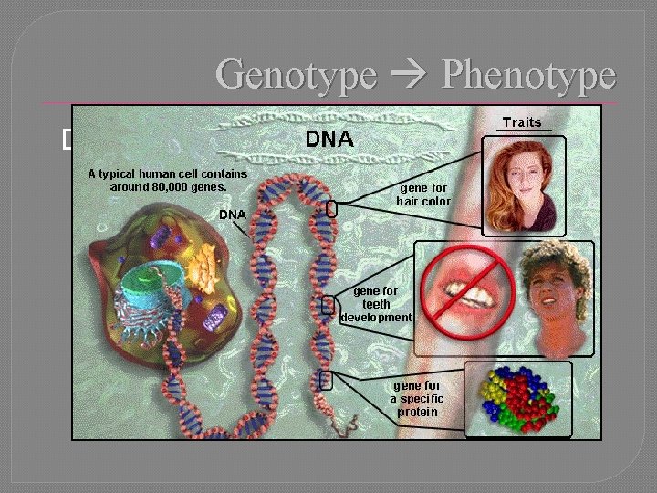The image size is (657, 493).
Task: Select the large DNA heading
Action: (329, 140)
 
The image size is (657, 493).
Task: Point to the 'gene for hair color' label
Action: (422, 194)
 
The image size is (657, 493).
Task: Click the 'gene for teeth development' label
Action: (376, 304)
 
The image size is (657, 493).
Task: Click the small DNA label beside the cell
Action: (232, 215)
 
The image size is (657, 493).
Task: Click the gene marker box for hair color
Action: (331, 209)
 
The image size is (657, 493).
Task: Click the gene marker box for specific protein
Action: (327, 380)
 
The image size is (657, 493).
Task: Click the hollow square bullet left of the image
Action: (68, 139)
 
